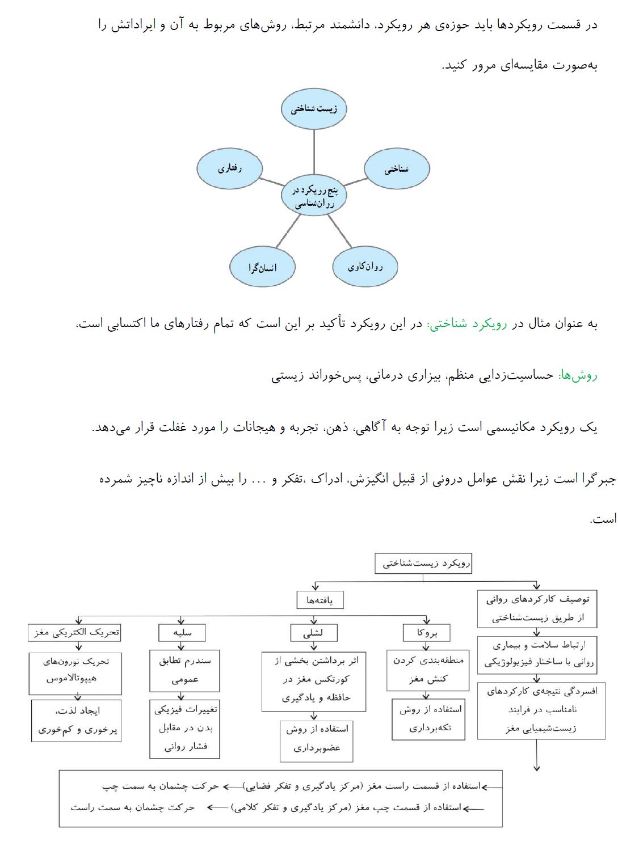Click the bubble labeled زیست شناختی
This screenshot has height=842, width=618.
(x=314, y=109)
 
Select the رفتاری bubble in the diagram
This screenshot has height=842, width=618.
(x=230, y=168)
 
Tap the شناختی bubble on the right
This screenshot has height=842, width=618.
(x=396, y=169)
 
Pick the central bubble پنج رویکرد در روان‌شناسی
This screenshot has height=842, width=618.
(x=314, y=196)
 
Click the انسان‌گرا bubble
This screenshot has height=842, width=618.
(x=262, y=267)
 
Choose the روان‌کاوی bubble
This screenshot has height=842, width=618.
(x=365, y=266)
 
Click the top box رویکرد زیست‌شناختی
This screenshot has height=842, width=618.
(x=423, y=564)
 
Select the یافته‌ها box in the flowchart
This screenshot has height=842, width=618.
(x=320, y=600)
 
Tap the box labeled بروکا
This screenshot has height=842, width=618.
(x=427, y=632)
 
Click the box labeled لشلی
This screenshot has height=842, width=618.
(x=313, y=633)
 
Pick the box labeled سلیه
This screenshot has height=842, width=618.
(x=182, y=632)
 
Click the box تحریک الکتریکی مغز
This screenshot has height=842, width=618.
(x=75, y=632)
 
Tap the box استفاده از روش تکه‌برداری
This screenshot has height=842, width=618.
(x=428, y=719)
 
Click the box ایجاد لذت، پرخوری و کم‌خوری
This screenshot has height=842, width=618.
(x=76, y=720)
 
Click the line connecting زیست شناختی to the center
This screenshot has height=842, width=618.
(x=314, y=150)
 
